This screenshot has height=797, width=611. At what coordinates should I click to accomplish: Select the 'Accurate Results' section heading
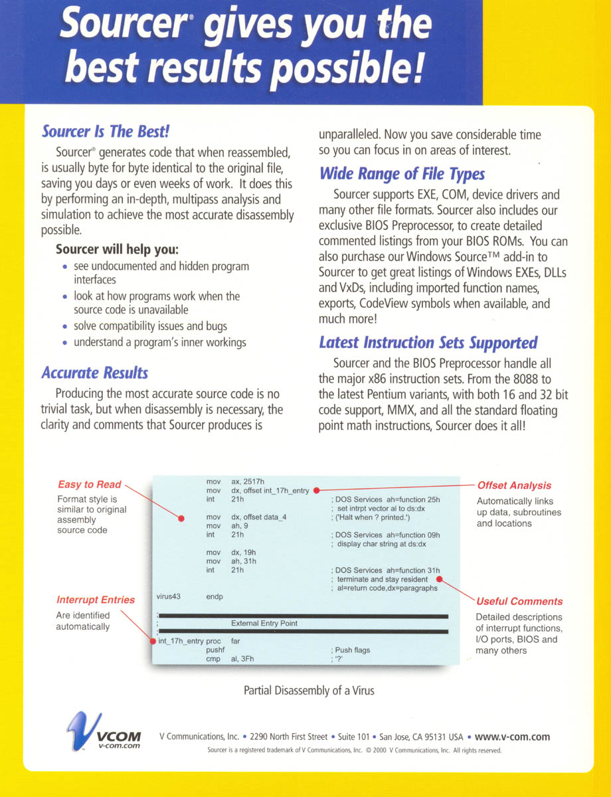coord(95,373)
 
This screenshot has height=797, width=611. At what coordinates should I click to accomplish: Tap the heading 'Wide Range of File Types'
coord(402,174)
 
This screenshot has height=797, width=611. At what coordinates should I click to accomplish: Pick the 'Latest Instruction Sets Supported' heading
coord(428,343)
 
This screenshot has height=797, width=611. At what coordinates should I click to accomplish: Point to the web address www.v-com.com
coord(512,737)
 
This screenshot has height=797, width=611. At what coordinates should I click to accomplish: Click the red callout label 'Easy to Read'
coord(90,484)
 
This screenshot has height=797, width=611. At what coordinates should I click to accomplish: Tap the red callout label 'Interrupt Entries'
coord(96,600)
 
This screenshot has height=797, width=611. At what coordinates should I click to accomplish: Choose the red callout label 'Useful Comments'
coord(510,601)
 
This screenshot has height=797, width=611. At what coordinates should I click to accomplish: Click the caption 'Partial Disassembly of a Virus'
coord(309,691)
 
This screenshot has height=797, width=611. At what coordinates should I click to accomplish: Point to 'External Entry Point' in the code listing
coord(264,624)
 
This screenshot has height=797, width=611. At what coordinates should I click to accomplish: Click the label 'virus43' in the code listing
coord(168,596)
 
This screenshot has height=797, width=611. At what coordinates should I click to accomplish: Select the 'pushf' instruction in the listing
coord(215,650)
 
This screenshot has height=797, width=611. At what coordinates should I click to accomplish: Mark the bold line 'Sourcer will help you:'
coord(117,250)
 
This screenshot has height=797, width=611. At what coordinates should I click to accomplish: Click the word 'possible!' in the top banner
coord(357,68)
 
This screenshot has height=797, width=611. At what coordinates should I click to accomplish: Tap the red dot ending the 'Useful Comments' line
coord(440,578)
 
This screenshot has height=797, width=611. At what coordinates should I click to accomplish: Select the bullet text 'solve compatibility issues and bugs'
coord(150,326)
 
